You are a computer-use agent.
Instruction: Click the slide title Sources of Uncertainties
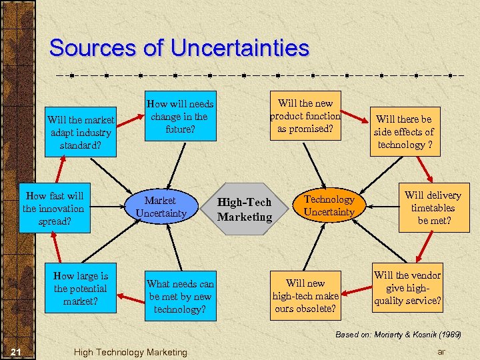tap(179, 48)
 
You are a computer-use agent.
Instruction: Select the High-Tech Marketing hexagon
tap(245, 209)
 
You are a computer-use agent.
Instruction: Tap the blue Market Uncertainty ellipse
tap(160, 207)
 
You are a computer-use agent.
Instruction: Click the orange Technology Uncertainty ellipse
tap(329, 206)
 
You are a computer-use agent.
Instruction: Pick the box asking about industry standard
tap(81, 132)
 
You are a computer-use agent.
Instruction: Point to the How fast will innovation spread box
tap(54, 209)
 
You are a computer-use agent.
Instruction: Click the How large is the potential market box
tap(80, 289)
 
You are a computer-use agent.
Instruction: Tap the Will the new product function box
tap(305, 116)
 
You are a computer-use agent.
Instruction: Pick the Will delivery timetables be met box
tap(432, 208)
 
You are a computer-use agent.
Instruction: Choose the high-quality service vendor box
tap(407, 288)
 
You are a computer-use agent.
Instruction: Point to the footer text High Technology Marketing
tap(130, 352)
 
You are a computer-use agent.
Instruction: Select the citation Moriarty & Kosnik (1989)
tap(398, 334)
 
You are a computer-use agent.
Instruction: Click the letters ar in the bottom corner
tap(441, 351)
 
